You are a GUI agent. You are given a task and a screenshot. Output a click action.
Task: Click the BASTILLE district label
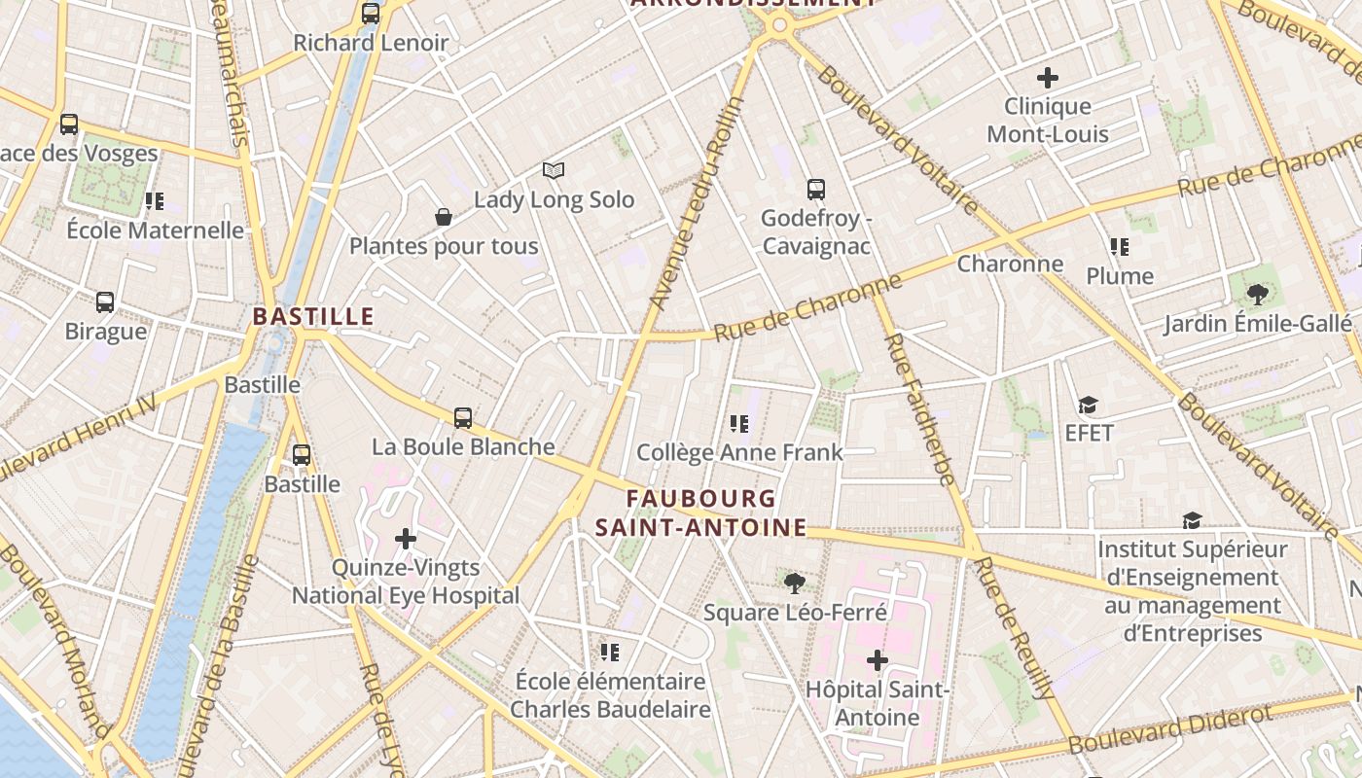point(313,316)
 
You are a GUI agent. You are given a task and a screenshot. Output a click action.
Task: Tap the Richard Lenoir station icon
point(371,14)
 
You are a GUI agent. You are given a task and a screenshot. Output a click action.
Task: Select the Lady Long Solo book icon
point(554,171)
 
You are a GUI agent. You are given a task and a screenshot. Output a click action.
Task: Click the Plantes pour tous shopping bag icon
point(444,217)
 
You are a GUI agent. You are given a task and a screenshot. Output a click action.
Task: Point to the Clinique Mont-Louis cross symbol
point(1048,77)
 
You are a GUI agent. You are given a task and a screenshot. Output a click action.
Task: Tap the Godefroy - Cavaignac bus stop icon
point(816,190)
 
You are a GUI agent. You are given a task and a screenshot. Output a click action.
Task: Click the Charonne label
point(1010,264)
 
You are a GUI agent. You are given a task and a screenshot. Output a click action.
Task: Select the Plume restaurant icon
point(1120,247)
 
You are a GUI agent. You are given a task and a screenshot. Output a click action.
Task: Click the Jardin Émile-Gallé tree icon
point(1257,294)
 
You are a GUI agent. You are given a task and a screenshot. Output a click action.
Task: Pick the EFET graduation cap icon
point(1088,405)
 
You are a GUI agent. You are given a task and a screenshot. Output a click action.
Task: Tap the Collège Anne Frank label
point(739,452)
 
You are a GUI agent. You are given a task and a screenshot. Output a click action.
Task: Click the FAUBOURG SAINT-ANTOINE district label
point(700,513)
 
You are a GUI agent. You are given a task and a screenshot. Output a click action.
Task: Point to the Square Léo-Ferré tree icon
point(795,583)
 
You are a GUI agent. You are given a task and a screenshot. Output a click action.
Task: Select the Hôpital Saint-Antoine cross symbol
point(878,660)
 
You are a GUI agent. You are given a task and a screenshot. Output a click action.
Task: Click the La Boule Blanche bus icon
point(463,418)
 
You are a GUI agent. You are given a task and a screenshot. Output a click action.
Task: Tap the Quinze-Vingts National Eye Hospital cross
point(406,538)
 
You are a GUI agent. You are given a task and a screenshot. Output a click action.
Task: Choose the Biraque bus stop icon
point(105,302)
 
